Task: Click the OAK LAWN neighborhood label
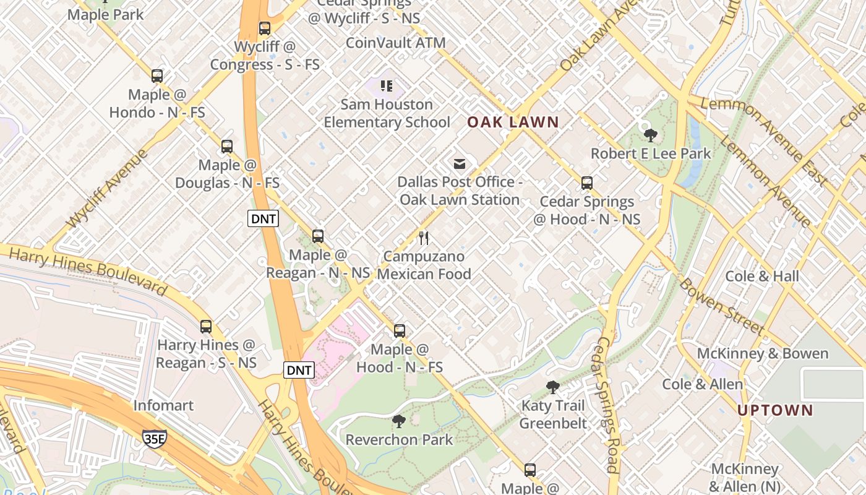click(513, 122)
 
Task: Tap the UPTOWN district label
click(775, 410)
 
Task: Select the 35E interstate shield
click(154, 438)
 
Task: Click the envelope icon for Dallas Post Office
click(460, 164)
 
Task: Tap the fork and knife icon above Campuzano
click(424, 238)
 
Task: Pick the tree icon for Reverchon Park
click(399, 421)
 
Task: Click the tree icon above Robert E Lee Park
click(650, 135)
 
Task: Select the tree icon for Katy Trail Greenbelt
click(553, 387)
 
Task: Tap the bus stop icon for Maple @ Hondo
click(157, 76)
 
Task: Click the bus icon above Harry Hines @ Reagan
click(206, 326)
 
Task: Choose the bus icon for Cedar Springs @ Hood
click(587, 183)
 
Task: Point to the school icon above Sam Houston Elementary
click(387, 86)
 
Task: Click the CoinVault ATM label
click(395, 43)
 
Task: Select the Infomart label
click(163, 405)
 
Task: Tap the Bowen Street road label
click(721, 306)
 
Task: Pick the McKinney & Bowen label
click(762, 353)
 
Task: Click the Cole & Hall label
click(762, 276)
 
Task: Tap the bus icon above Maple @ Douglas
click(227, 147)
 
